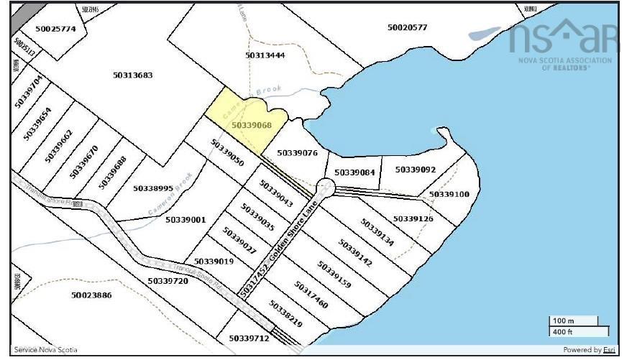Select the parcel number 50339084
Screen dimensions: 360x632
tap(354, 172)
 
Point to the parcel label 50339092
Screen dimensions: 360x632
tap(416, 170)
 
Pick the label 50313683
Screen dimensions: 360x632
tap(133, 75)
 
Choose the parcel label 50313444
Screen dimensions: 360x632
tap(265, 55)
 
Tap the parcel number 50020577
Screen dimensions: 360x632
tap(407, 27)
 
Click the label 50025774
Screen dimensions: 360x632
tap(55, 29)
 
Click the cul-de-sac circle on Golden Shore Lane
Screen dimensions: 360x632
tap(325, 188)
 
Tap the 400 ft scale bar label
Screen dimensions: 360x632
tap(561, 331)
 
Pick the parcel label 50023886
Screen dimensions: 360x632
tap(91, 295)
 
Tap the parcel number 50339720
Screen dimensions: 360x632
tap(168, 281)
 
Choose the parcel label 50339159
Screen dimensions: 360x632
tap(334, 274)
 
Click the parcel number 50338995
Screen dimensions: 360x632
tap(153, 188)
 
